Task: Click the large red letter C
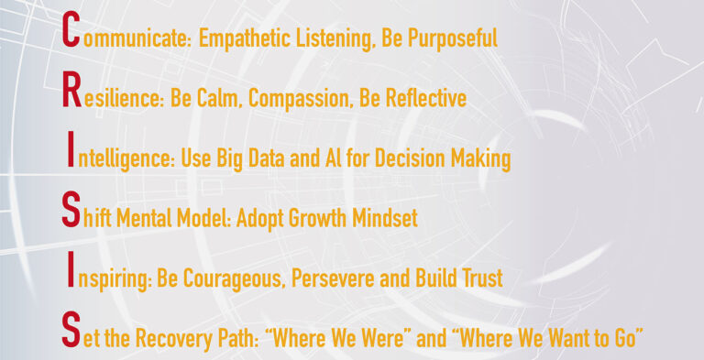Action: (x=68, y=36)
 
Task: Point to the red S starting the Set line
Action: (x=70, y=332)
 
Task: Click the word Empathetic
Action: (x=242, y=39)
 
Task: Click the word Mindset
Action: (x=390, y=218)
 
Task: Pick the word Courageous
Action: (x=241, y=278)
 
